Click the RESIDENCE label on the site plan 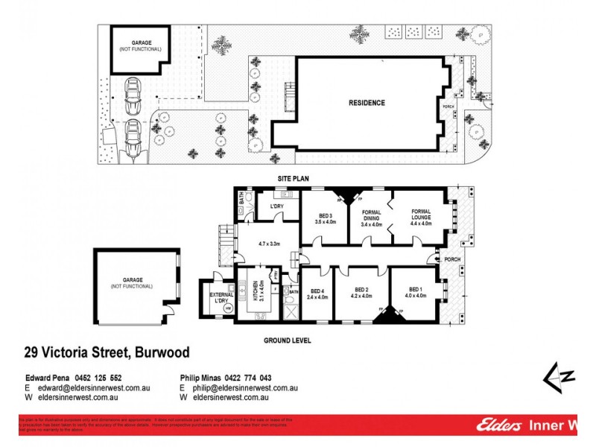pyautogui.click(x=367, y=103)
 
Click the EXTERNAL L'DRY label pyautogui.click(x=216, y=297)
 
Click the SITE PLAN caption pyautogui.click(x=288, y=179)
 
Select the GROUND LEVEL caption pyautogui.click(x=287, y=340)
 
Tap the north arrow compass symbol pyautogui.click(x=557, y=378)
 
